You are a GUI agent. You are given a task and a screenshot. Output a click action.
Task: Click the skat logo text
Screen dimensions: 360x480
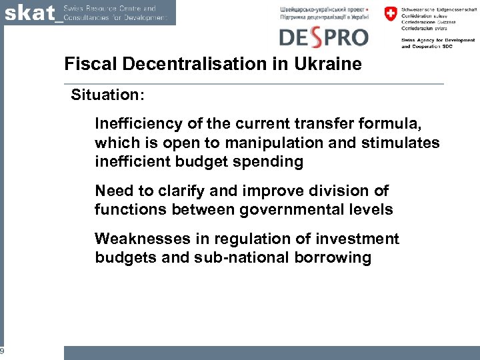coord(30,13)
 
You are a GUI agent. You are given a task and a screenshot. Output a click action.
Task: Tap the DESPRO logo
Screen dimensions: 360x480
coord(323,37)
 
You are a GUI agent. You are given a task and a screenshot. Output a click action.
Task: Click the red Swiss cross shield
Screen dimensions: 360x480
coord(390,15)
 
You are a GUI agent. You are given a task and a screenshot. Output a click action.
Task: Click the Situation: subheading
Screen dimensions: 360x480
coord(107,95)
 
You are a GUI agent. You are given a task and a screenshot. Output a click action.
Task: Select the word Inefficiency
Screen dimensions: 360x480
coord(137,124)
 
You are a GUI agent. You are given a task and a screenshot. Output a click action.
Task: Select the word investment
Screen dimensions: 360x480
coord(355,239)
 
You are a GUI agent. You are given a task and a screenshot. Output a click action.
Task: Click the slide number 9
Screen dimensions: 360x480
coord(3,351)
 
